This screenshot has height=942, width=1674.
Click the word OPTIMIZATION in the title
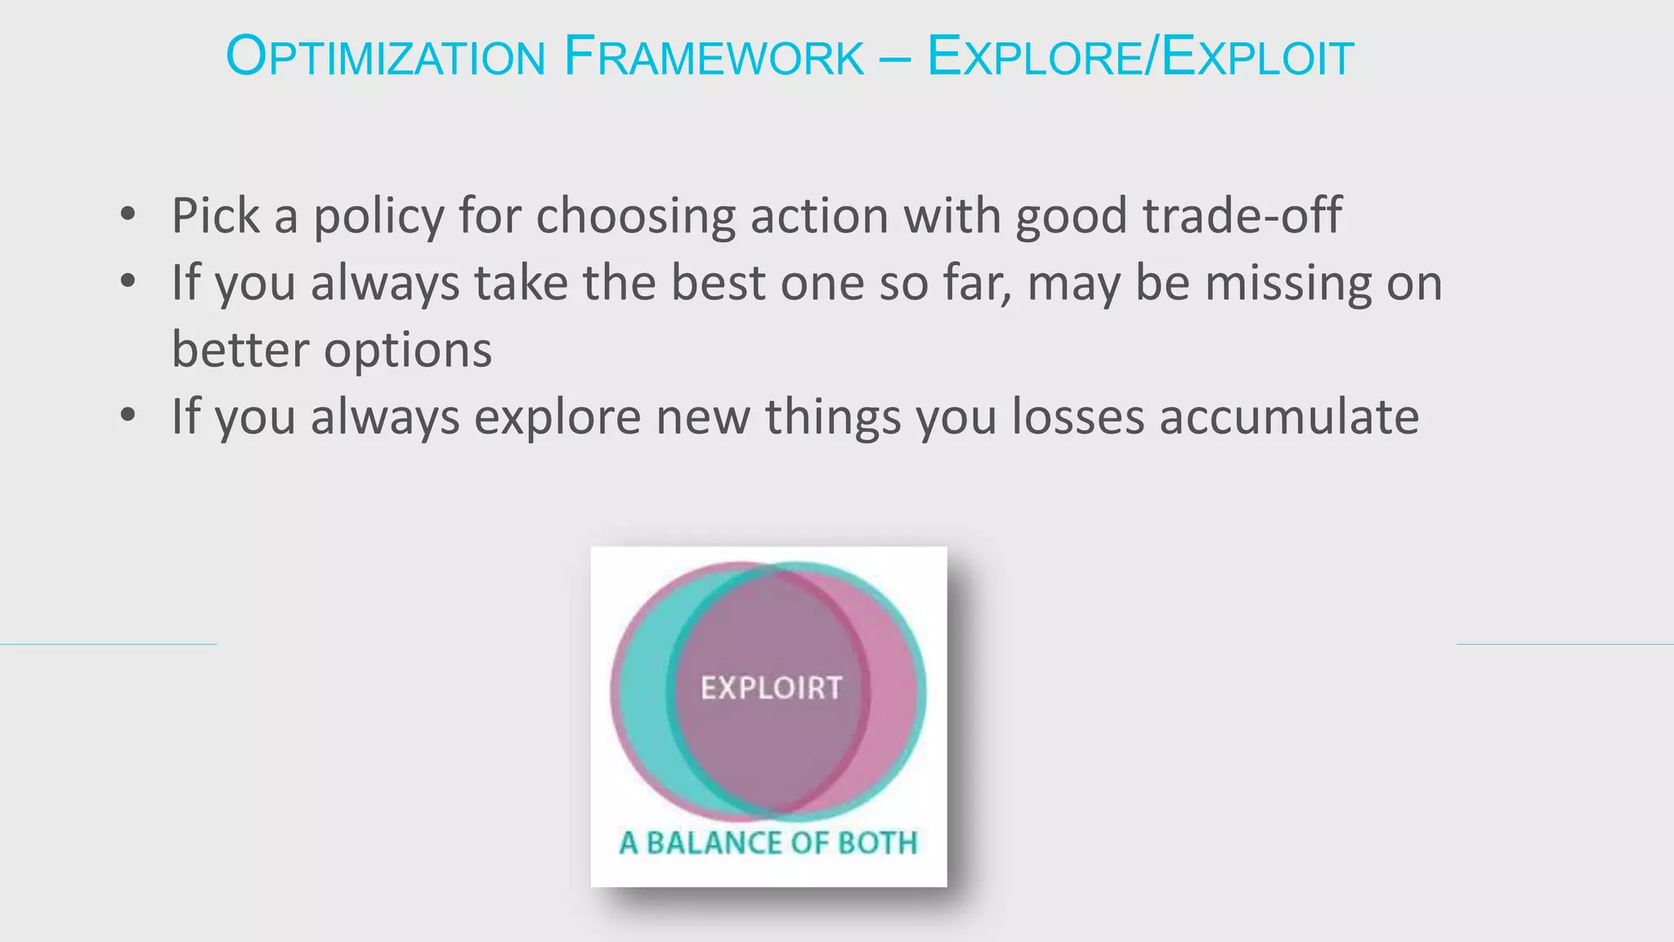tap(385, 57)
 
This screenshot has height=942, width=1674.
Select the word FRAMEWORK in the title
tap(714, 57)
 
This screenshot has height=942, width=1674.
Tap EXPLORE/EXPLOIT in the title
tap(1140, 57)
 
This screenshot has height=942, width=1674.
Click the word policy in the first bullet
tap(378, 217)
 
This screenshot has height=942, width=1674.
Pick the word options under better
tap(408, 351)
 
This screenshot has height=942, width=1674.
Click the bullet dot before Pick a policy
tap(128, 214)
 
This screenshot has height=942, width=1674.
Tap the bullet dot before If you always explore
tap(128, 415)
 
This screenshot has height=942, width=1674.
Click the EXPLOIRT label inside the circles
tap(771, 689)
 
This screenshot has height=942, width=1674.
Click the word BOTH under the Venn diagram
tap(878, 843)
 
